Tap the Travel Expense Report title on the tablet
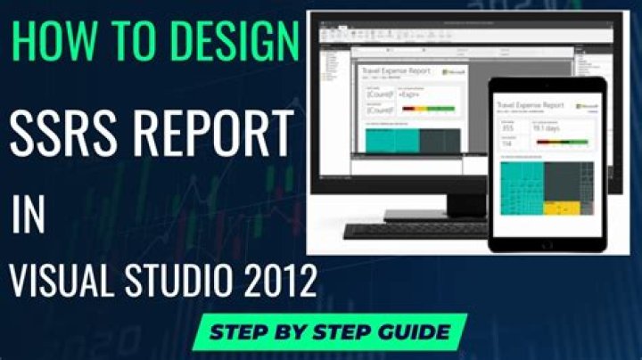pos(530,104)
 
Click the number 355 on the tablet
pos(508,127)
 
